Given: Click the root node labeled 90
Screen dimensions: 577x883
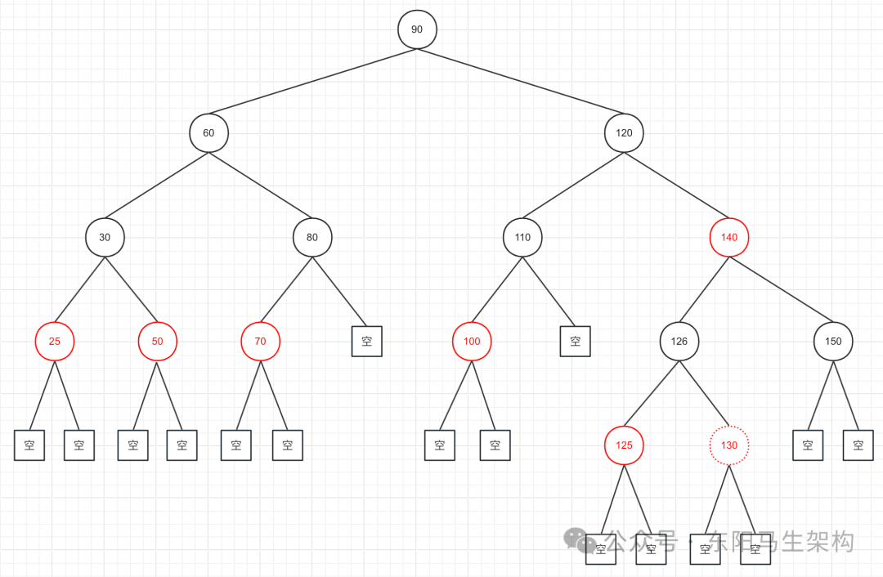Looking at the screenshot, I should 417,29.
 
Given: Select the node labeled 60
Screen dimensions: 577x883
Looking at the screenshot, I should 208,132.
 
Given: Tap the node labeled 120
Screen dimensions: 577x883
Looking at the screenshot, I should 624,132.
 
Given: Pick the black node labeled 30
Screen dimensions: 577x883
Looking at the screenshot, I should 105,237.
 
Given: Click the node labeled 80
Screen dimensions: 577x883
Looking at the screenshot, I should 312,237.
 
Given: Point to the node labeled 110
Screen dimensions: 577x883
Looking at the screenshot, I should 522,237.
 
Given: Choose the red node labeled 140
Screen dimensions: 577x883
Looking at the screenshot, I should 729,237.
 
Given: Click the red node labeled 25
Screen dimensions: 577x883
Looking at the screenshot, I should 55,342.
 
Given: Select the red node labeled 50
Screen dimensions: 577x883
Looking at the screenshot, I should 157,342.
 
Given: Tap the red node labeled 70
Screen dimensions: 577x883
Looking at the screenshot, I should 260,342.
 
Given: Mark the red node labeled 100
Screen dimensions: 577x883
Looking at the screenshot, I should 472,342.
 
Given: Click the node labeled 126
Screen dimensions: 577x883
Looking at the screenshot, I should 679,342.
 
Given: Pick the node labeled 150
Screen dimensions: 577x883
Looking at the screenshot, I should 833,342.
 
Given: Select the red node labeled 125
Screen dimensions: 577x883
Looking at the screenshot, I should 624,445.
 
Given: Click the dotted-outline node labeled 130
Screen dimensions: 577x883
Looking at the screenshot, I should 729,445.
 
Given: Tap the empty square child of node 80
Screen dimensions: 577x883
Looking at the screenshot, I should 367,341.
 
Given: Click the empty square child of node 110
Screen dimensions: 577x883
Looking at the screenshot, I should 576,341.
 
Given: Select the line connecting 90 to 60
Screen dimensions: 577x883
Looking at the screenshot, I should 313,81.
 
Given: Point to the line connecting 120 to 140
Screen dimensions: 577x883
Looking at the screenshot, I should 677,185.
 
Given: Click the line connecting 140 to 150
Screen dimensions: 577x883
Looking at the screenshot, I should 782,289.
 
